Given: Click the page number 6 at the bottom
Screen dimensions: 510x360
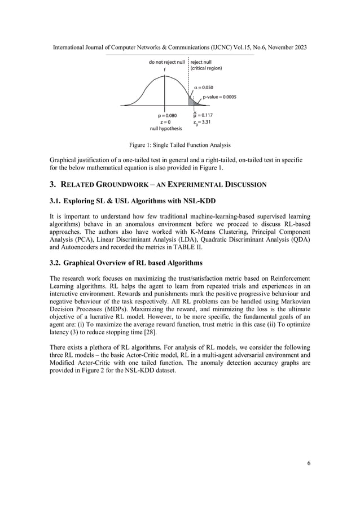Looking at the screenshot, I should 309,464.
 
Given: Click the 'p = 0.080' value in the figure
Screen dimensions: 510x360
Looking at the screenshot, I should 166,115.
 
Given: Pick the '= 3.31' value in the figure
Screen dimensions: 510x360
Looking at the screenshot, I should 205,121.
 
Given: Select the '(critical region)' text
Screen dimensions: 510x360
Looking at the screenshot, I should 207,68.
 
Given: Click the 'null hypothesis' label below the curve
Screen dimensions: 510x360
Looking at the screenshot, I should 166,128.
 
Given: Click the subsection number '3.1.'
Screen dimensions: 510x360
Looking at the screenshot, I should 55,202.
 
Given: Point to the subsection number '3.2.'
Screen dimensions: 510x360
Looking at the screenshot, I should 55,262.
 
